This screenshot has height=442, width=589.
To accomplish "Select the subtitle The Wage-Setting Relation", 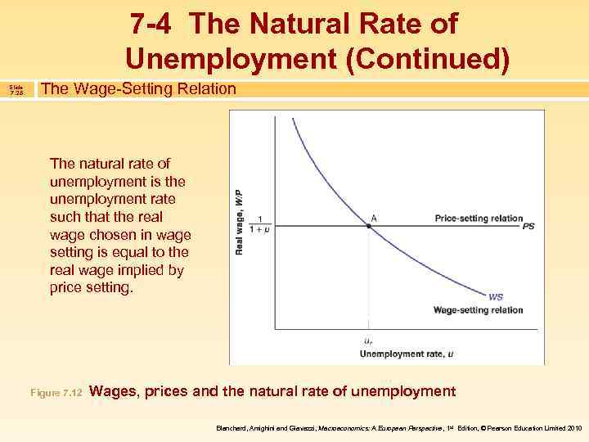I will click(138, 88).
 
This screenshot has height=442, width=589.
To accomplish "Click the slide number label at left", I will click(16, 88).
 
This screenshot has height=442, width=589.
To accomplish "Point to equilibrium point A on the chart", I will click(370, 227).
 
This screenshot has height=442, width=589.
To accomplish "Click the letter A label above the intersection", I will click(374, 217).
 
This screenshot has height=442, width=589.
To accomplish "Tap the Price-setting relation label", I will click(478, 218).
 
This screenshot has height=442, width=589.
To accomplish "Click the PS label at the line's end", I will click(528, 227).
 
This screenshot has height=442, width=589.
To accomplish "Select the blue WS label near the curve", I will click(496, 296).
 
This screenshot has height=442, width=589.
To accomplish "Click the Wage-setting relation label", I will click(478, 310).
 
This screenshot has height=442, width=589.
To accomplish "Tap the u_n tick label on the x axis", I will click(370, 341).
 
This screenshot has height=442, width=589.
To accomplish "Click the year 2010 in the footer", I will click(573, 427).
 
